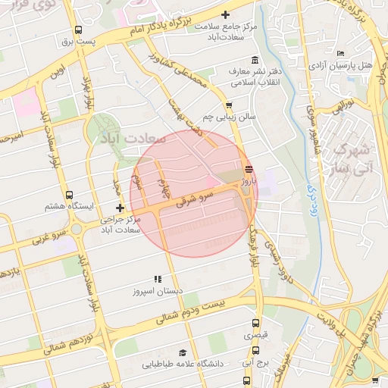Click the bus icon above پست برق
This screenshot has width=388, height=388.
tap(79, 30)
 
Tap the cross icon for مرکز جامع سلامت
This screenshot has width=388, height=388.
tap(225, 14)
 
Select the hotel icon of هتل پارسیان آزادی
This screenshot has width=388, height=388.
tap(340, 53)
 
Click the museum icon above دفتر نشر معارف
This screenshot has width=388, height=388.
tap(254, 61)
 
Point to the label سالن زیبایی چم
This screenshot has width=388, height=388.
tap(230, 117)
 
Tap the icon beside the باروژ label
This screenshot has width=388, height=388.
tap(249, 169)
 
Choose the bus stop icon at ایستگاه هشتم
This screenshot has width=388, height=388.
tap(70, 195)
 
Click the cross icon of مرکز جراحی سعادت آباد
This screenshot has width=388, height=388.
tap(119, 208)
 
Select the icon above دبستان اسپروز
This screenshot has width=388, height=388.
tap(158, 279)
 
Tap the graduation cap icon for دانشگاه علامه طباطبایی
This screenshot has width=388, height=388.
tap(182, 353)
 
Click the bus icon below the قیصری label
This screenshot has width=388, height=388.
tap(255, 351)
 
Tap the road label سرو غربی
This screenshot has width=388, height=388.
tap(47, 239)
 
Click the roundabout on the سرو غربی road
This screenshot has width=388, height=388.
tap(77, 228)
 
